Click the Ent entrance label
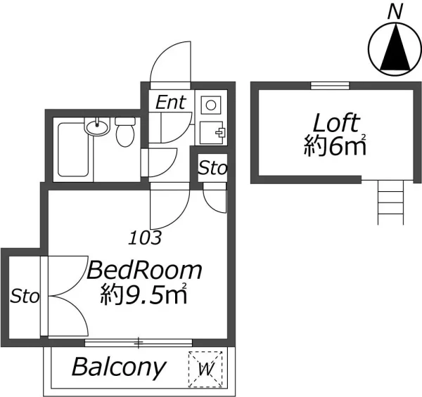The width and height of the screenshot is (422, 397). pyautogui.click(x=171, y=103)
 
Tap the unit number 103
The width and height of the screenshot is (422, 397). pyautogui.click(x=145, y=237)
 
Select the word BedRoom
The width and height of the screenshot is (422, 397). pyautogui.click(x=144, y=270)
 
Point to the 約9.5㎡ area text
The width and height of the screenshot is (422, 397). pyautogui.click(x=143, y=294)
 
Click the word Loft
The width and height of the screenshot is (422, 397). pyautogui.click(x=336, y=123)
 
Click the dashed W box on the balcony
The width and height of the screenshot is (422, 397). pyautogui.click(x=205, y=369)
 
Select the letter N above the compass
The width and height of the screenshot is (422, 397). pyautogui.click(x=395, y=12)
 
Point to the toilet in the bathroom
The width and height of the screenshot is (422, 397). pyautogui.click(x=125, y=131)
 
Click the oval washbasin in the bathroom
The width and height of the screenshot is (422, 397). pyautogui.click(x=97, y=126)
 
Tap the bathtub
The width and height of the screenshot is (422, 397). pyautogui.click(x=73, y=150)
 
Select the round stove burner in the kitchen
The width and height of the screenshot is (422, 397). pyautogui.click(x=211, y=105)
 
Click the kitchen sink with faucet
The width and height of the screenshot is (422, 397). pyautogui.click(x=211, y=133)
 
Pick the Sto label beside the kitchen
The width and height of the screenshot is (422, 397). pyautogui.click(x=212, y=168)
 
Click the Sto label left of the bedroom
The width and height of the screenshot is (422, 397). pyautogui.click(x=25, y=297)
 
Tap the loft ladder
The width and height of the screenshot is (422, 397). pyautogui.click(x=391, y=202)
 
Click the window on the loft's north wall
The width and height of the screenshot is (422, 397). pyautogui.click(x=330, y=86)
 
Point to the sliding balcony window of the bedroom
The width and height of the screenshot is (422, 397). pyautogui.click(x=139, y=343)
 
